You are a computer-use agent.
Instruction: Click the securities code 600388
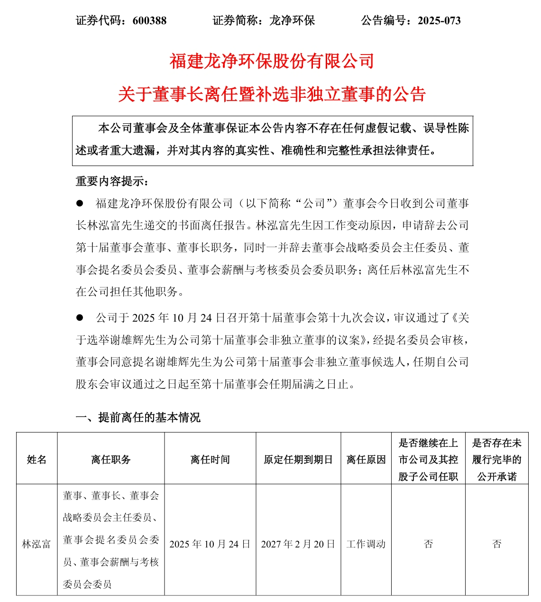[150, 20]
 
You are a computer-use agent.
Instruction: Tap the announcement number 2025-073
[439, 20]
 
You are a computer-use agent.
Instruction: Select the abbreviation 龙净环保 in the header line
[292, 20]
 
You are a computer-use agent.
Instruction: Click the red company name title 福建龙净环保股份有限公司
[272, 61]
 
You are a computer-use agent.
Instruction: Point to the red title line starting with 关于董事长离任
[272, 94]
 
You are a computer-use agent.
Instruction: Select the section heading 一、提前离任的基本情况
[138, 417]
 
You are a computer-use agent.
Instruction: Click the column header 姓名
[37, 459]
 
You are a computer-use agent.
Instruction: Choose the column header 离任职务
[111, 459]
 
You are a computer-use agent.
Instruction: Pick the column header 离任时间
[210, 459]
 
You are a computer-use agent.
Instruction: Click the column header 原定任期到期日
[298, 459]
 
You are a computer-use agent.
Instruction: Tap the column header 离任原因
[366, 459]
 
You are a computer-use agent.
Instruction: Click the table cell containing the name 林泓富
[37, 544]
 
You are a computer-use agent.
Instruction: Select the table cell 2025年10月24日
[210, 544]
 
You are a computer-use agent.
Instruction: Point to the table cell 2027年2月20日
[298, 544]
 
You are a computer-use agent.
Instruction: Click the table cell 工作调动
[366, 544]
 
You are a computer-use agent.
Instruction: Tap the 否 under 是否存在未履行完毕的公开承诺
[497, 544]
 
